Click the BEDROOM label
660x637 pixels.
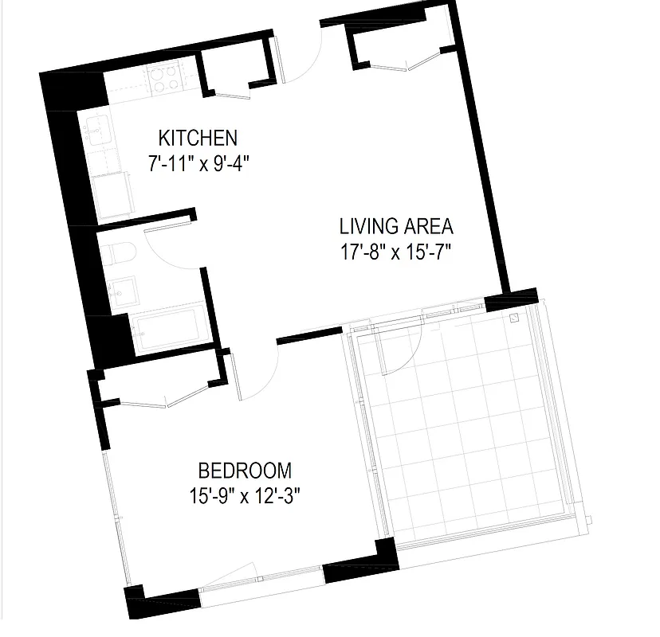coord(245,470)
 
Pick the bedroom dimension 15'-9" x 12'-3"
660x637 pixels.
coord(244,496)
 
